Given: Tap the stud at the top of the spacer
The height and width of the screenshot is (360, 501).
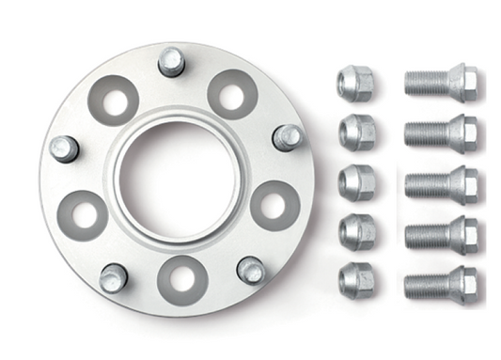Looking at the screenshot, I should (x=171, y=61).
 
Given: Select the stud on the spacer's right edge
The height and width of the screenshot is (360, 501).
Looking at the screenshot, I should (x=287, y=137).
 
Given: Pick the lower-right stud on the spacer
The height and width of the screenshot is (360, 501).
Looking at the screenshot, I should (x=251, y=270).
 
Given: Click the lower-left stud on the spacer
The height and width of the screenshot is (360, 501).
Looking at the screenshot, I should (x=114, y=277).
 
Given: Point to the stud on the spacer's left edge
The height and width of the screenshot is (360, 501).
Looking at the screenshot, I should (x=64, y=149).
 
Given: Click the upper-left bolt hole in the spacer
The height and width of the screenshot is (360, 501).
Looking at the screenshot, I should (x=114, y=101).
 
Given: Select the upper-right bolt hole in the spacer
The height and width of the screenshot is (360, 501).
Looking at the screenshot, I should (x=232, y=94).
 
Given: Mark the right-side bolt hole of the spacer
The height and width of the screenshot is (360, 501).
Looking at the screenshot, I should (x=274, y=206).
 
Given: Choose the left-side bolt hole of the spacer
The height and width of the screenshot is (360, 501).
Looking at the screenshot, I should (x=82, y=215).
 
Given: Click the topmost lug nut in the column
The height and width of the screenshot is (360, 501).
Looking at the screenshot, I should (x=354, y=84).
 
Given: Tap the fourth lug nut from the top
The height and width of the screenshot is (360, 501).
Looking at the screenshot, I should (x=354, y=228).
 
